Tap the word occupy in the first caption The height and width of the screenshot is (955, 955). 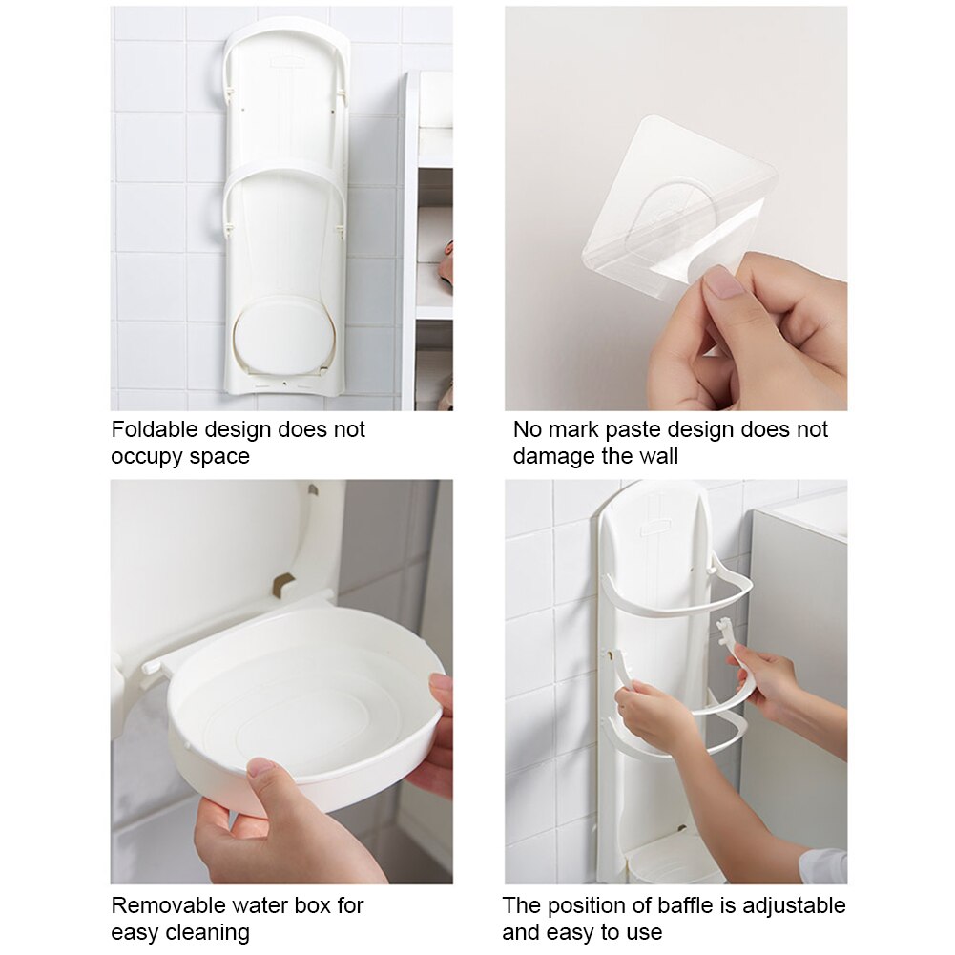pos(145,456)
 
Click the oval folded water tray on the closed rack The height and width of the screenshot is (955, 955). pos(284,336)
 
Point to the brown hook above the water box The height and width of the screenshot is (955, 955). pos(283,584)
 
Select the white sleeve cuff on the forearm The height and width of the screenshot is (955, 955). pos(822,865)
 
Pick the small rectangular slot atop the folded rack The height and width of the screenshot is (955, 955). pos(284,62)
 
